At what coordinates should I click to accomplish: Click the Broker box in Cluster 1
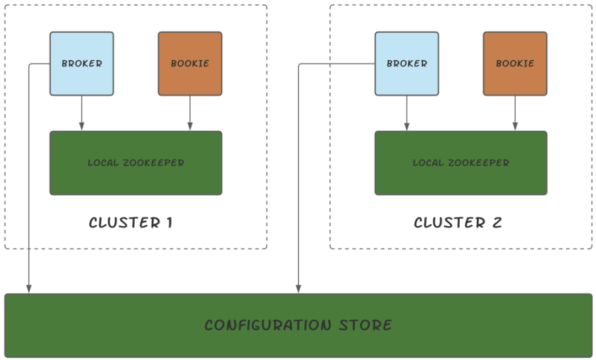pyautogui.click(x=82, y=63)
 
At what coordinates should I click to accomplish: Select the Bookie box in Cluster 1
pyautogui.click(x=190, y=63)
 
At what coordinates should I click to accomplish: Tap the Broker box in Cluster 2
pyautogui.click(x=407, y=63)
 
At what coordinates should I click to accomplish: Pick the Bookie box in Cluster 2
pyautogui.click(x=515, y=63)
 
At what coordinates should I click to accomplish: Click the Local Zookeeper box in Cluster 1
pyautogui.click(x=136, y=163)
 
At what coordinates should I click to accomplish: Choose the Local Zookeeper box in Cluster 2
pyautogui.click(x=461, y=163)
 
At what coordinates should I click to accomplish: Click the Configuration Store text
pyautogui.click(x=299, y=325)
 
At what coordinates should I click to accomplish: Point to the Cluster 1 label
pyautogui.click(x=130, y=223)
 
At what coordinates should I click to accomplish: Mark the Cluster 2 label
pyautogui.click(x=458, y=223)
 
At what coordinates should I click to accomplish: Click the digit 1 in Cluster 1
pyautogui.click(x=169, y=223)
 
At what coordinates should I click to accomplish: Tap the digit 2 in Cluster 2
pyautogui.click(x=497, y=223)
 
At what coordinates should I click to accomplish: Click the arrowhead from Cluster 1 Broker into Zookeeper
pyautogui.click(x=82, y=126)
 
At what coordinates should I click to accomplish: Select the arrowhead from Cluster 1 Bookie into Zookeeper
pyautogui.click(x=190, y=126)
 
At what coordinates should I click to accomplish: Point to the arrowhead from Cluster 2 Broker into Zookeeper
pyautogui.click(x=407, y=126)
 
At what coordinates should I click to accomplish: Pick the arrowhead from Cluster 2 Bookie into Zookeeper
pyautogui.click(x=515, y=126)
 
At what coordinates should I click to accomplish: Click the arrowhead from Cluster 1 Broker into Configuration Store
pyautogui.click(x=29, y=289)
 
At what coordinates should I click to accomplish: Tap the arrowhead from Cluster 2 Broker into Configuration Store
pyautogui.click(x=299, y=289)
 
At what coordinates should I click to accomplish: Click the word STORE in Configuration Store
pyautogui.click(x=365, y=325)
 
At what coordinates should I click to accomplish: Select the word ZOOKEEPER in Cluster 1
pyautogui.click(x=153, y=163)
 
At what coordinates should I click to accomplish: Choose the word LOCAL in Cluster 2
pyautogui.click(x=428, y=163)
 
